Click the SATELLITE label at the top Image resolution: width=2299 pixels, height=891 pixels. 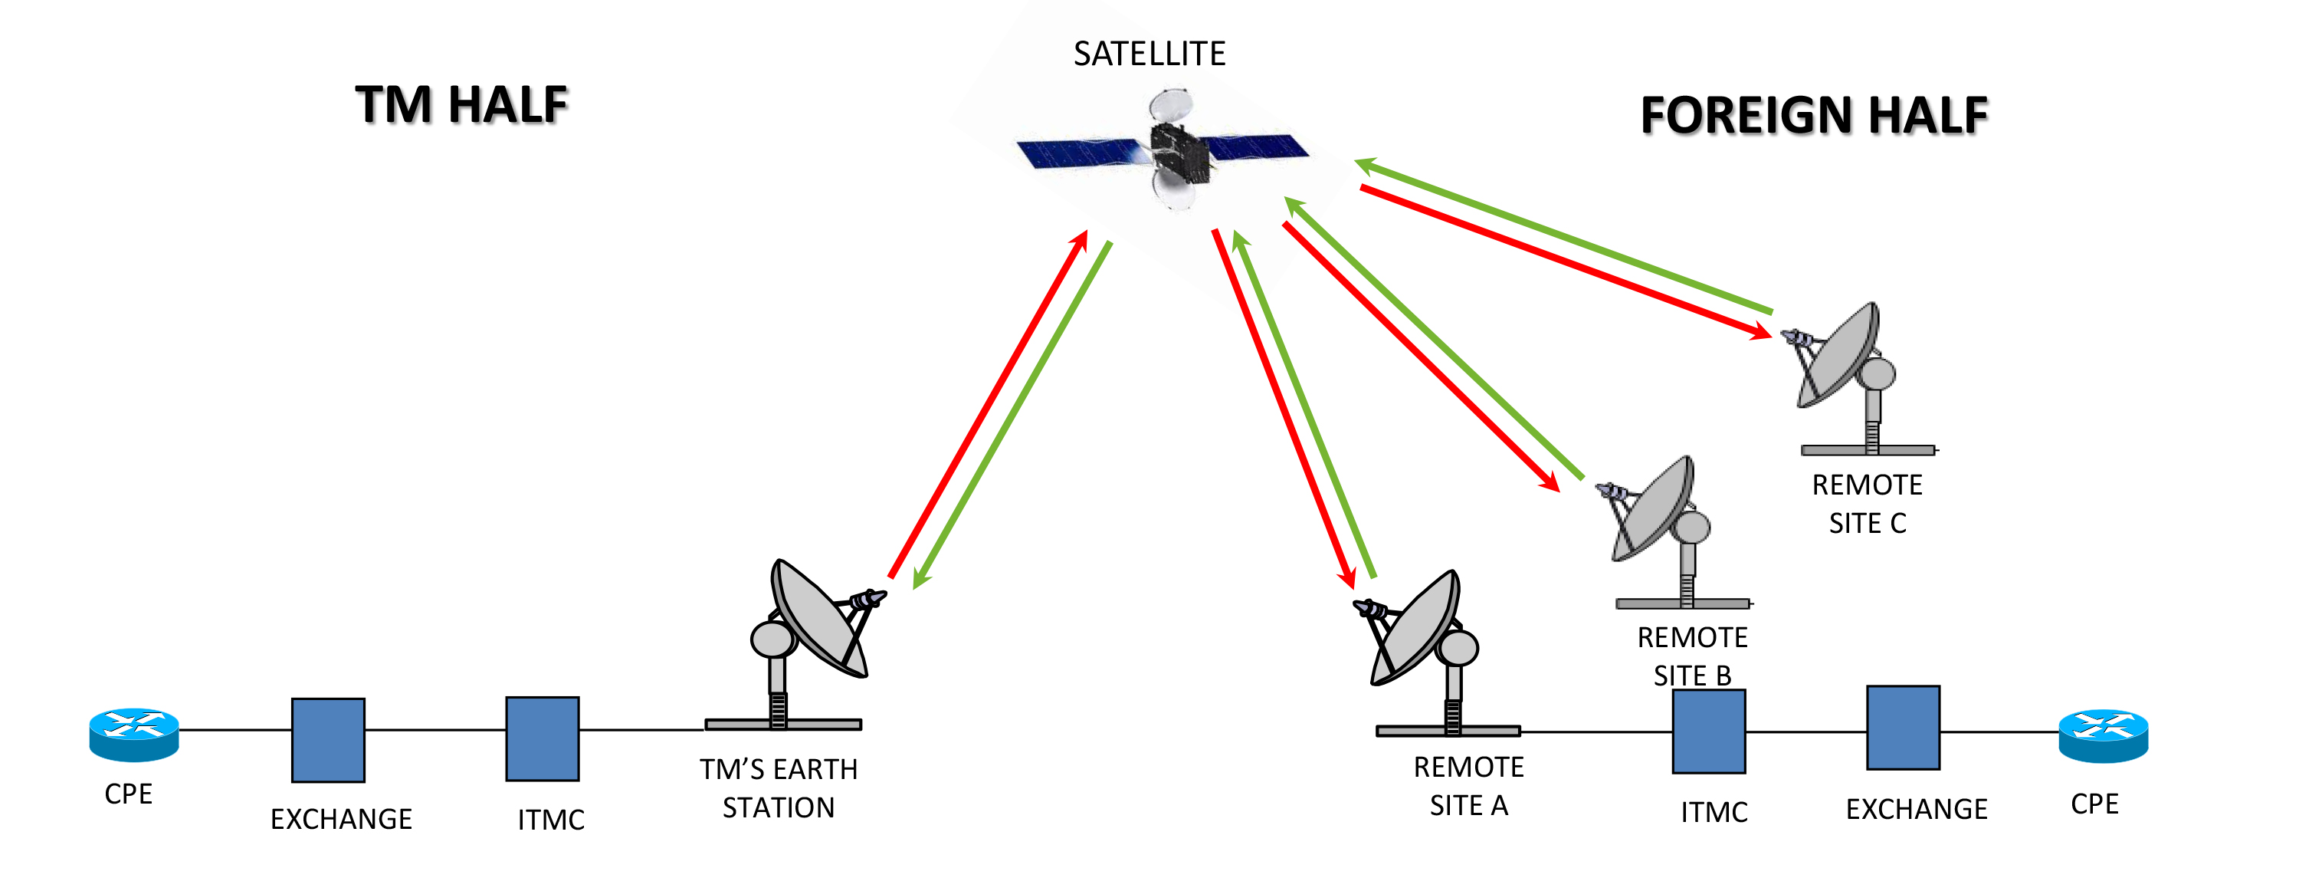pos(1149,54)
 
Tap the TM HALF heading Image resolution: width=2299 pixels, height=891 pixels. pos(461,105)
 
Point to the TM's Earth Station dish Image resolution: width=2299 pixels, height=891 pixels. pos(817,620)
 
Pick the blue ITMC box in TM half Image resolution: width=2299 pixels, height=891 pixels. pos(542,739)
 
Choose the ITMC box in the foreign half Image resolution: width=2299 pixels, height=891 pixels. pos(1708,732)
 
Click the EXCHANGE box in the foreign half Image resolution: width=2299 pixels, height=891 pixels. pos(1903,728)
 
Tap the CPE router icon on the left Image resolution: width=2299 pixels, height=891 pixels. pos(134,734)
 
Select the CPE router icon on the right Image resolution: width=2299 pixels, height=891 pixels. pos(2103,735)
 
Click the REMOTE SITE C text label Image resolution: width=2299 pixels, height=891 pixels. pos(1867,504)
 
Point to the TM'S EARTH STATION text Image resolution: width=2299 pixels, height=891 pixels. pos(779,788)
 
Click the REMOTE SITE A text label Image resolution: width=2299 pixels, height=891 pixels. pos(1468,786)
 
